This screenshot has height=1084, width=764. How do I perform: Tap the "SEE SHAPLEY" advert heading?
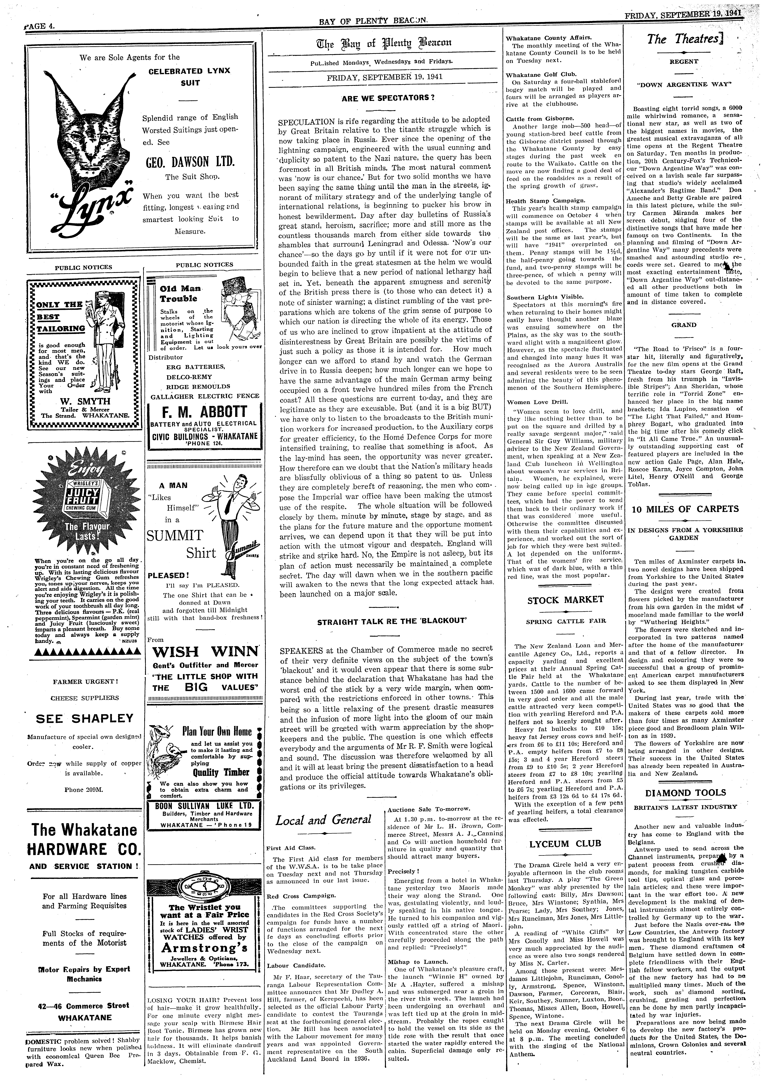click(x=85, y=718)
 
